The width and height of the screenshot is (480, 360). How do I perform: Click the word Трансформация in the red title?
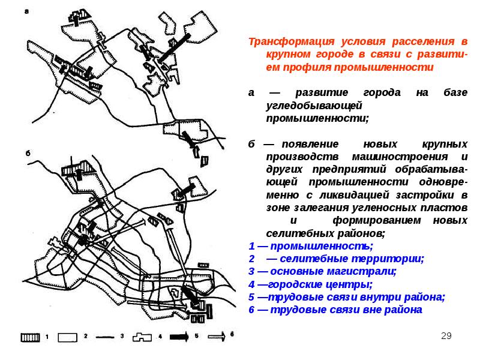coord(284,43)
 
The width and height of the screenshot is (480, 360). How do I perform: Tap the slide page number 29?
coord(446,335)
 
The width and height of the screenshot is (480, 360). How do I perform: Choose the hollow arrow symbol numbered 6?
coord(217,337)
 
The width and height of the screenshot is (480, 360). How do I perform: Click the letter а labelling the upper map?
coord(26,10)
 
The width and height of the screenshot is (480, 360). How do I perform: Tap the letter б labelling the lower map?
coord(27,152)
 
